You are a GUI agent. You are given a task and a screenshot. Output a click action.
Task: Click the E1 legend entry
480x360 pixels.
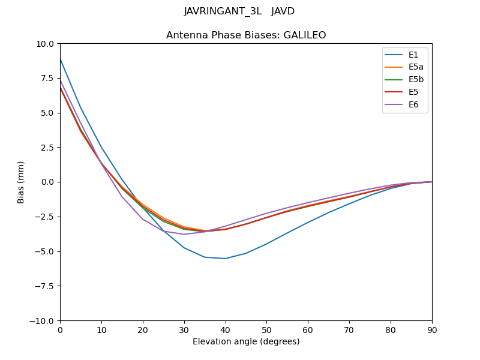click(414, 55)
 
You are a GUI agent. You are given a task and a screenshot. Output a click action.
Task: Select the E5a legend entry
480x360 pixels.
click(416, 67)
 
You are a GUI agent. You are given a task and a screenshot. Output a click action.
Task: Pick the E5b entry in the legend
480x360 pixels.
click(416, 80)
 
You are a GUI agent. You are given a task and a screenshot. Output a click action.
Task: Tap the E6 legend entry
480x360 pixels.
click(414, 105)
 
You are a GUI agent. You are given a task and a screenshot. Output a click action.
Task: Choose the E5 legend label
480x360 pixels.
click(414, 92)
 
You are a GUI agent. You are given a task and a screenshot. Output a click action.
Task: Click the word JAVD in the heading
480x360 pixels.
click(283, 11)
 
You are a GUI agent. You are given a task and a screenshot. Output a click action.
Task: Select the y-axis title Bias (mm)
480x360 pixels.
click(21, 182)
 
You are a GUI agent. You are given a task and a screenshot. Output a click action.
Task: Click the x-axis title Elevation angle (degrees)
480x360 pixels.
click(246, 342)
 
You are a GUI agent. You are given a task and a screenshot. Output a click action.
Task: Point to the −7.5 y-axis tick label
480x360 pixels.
click(43, 286)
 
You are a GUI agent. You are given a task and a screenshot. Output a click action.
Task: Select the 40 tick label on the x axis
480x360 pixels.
click(226, 329)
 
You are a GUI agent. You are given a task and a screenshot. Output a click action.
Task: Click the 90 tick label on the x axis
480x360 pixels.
click(432, 329)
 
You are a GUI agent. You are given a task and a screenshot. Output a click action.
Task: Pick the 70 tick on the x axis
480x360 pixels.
click(349, 329)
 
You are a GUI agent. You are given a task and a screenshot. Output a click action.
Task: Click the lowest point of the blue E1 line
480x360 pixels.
click(225, 259)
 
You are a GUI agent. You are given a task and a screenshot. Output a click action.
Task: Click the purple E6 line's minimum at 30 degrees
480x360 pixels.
click(184, 235)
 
